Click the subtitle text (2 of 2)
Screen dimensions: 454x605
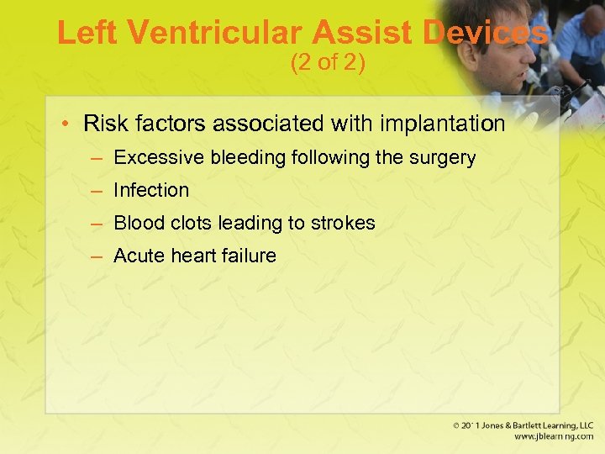click(328, 63)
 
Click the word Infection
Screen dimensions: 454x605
click(151, 190)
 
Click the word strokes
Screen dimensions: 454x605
click(344, 223)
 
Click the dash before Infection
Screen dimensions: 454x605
click(97, 190)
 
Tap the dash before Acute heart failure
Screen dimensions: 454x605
click(97, 256)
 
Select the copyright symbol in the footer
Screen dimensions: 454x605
click(455, 426)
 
